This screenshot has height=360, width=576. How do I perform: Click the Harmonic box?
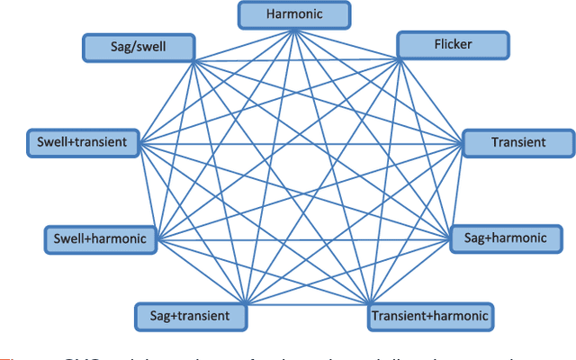click(x=292, y=14)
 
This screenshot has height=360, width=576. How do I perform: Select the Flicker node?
click(x=453, y=44)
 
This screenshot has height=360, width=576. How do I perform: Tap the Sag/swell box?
click(x=138, y=47)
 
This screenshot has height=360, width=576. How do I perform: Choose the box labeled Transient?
click(x=517, y=142)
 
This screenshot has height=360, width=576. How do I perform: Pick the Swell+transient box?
click(x=83, y=142)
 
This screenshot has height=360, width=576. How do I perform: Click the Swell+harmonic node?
click(x=100, y=239)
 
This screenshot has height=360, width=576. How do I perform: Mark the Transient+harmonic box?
click(x=429, y=316)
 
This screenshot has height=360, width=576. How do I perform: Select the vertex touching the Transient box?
click(x=463, y=143)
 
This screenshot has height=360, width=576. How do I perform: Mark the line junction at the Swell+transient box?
click(x=139, y=143)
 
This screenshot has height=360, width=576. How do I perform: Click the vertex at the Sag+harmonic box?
click(x=449, y=238)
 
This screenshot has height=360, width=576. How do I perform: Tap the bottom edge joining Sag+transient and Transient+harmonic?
click(x=306, y=302)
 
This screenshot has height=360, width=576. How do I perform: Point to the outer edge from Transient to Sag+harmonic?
click(x=456, y=190)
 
